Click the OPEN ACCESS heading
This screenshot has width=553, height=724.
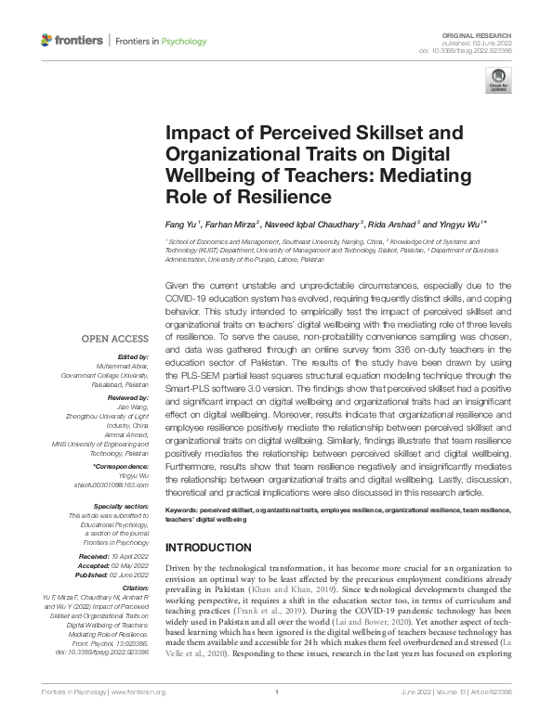click(116, 339)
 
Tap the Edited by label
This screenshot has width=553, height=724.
click(131, 356)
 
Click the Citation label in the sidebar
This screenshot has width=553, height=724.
click(136, 588)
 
